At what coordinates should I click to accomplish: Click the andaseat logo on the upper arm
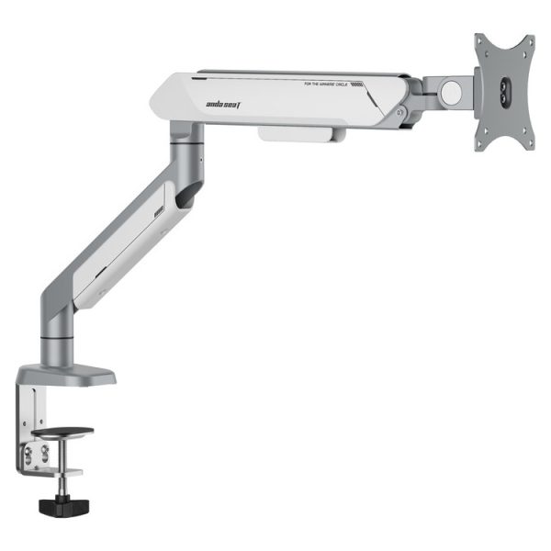pos(222,105)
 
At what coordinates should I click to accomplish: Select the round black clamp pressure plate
pos(62,432)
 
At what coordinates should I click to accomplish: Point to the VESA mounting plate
pos(503,92)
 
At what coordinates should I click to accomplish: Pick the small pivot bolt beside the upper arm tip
pos(401,113)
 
